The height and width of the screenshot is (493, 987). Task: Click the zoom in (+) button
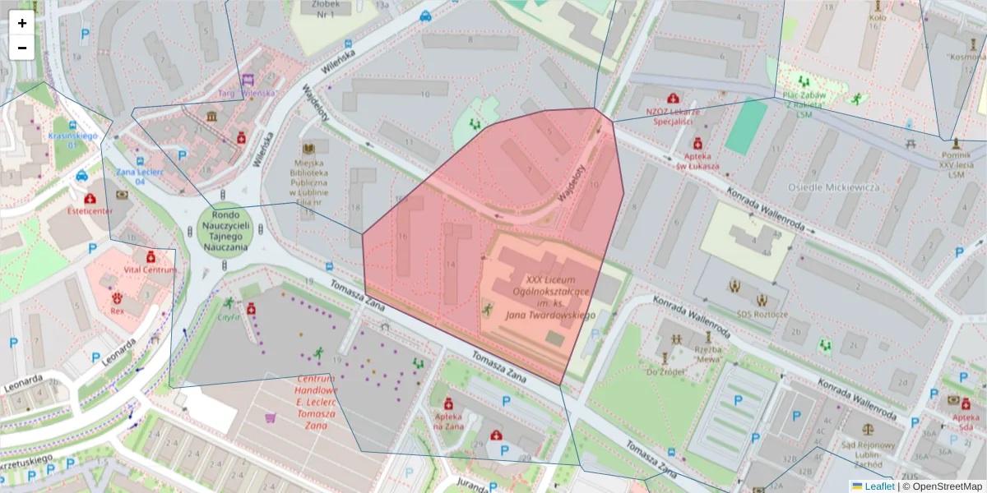tap(22, 23)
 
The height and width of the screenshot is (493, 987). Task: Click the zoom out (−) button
tap(22, 48)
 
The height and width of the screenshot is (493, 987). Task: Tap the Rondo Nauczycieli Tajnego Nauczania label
tap(224, 229)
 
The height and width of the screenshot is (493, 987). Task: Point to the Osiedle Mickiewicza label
tap(833, 187)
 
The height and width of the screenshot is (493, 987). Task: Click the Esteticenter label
tap(91, 210)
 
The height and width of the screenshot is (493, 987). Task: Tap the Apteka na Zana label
tap(450, 421)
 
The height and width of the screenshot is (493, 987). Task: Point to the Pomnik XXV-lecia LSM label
tap(954, 164)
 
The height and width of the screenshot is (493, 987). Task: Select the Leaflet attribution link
tap(878, 486)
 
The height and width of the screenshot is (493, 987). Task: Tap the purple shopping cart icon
tap(270, 417)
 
